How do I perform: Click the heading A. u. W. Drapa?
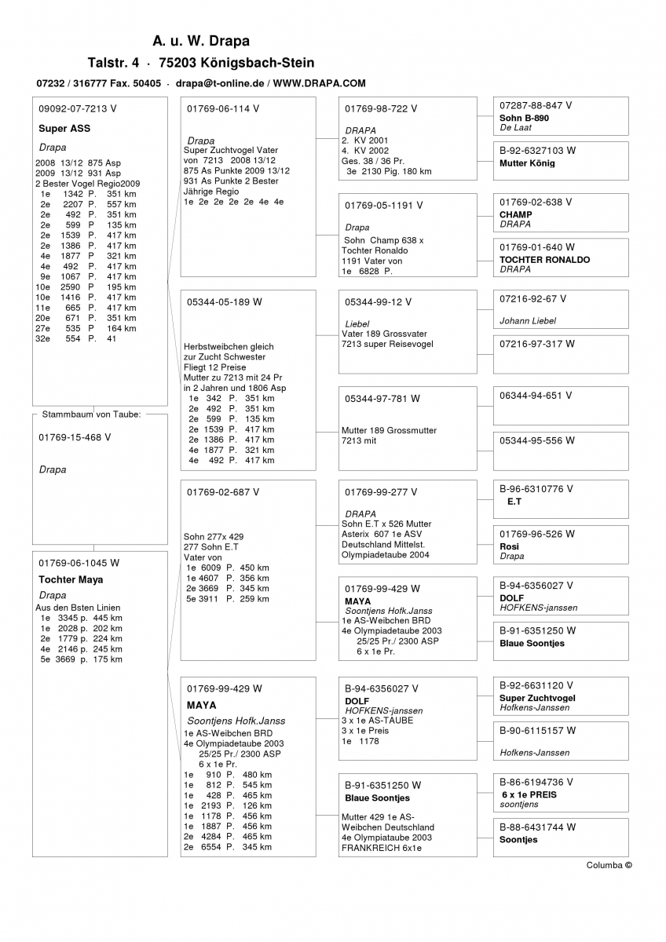point(201,41)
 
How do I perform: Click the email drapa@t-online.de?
point(219,82)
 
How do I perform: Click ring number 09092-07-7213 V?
point(77,108)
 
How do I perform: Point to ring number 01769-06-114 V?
point(223,108)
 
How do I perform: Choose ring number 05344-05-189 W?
point(225,301)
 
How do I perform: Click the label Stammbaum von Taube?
point(91,414)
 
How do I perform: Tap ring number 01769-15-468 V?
point(75,437)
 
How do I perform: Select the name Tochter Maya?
point(71,580)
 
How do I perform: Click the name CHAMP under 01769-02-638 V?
point(515,214)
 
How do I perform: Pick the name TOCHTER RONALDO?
point(544,259)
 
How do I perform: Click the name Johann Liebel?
point(528,320)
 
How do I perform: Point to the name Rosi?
point(509,546)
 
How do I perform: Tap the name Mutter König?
point(527,163)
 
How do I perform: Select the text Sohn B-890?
point(524,118)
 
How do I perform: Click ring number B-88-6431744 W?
point(537,827)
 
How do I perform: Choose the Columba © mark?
point(609,865)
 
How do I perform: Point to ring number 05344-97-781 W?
point(382,399)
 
